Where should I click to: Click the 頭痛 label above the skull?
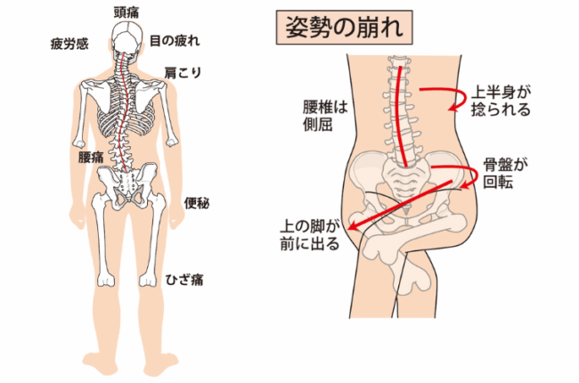[x=126, y=12]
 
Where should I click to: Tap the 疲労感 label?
[x=69, y=44]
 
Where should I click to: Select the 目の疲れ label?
[x=175, y=41]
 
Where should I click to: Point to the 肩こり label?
[x=183, y=73]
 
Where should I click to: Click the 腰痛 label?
[x=91, y=157]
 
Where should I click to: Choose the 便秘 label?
[x=197, y=203]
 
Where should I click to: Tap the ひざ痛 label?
[x=184, y=280]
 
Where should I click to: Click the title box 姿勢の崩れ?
[x=344, y=28]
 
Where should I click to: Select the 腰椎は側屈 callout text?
[x=325, y=116]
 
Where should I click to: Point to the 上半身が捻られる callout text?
[x=502, y=102]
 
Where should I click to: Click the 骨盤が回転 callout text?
[x=506, y=173]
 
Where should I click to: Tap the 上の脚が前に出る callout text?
[x=309, y=235]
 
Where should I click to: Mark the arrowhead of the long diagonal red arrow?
[x=354, y=226]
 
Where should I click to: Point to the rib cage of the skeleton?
[x=126, y=110]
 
